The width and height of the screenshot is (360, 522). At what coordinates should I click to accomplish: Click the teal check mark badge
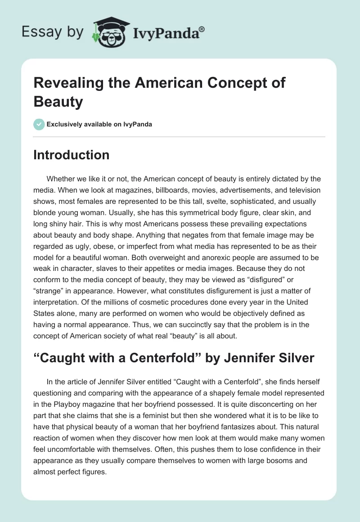click(x=39, y=124)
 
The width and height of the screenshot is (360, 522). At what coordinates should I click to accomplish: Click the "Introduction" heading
click(x=72, y=155)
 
